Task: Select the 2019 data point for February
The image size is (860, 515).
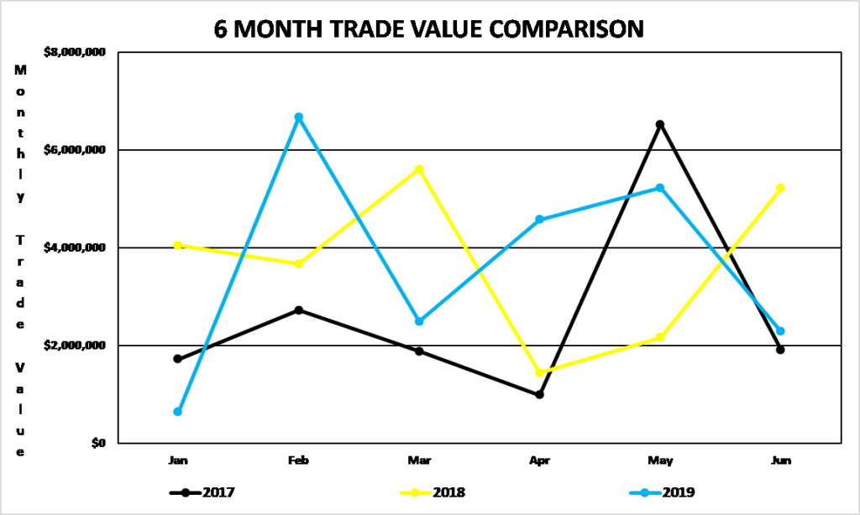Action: coord(298,117)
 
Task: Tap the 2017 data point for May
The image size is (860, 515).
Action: coord(660,125)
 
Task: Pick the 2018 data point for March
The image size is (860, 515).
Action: coord(419,169)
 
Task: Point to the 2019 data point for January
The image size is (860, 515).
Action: coord(178,412)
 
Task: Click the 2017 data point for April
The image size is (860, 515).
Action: coord(539,394)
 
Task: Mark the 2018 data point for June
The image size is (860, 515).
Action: coord(780,188)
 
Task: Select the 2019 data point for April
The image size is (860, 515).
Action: coord(539,220)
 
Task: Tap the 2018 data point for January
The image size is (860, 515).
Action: coord(178,245)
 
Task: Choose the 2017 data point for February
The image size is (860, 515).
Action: coord(298,310)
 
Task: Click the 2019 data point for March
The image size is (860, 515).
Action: coord(419,321)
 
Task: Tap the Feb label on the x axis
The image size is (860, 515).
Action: coord(298,460)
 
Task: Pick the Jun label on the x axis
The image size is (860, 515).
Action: coord(780,460)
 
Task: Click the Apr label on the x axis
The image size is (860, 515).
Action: coord(539,460)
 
